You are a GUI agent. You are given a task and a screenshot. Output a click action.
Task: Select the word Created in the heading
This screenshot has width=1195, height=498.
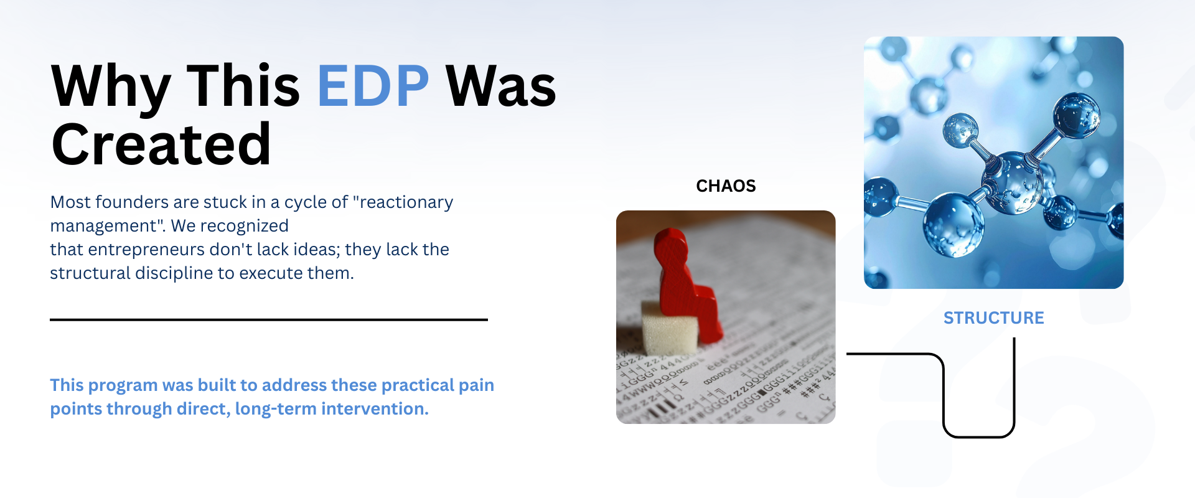coord(161,144)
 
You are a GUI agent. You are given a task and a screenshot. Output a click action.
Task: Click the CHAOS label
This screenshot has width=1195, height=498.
coord(726,186)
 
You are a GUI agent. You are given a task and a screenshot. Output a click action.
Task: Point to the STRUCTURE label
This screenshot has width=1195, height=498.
coord(994,318)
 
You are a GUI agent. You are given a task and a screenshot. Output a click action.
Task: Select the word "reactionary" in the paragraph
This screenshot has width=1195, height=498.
coord(403,202)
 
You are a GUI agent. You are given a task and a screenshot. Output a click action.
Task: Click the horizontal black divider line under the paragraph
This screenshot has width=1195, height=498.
coord(269,320)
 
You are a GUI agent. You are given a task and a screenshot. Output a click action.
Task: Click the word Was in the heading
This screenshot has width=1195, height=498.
coord(501,86)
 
